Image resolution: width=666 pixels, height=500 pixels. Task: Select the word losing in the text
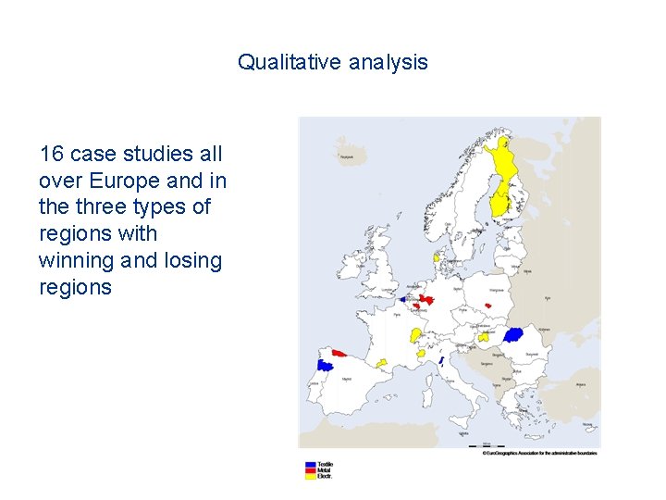point(191,261)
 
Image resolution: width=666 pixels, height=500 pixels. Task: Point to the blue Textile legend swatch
point(311,463)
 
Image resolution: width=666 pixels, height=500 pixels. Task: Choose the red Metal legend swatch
point(311,469)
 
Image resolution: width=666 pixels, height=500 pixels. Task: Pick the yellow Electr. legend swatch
point(311,476)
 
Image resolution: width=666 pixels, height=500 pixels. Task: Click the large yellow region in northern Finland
point(504,162)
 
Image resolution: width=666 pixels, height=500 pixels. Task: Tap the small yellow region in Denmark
point(437,257)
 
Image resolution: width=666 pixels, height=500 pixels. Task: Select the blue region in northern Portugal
point(325,365)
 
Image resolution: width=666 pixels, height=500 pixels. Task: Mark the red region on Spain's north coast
point(339,353)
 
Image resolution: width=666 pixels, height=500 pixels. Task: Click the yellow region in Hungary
point(483,338)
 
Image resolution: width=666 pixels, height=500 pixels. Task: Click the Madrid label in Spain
point(348,379)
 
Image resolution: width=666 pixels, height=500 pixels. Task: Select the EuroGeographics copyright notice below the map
point(539,453)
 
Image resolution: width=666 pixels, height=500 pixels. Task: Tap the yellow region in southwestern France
point(380,362)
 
